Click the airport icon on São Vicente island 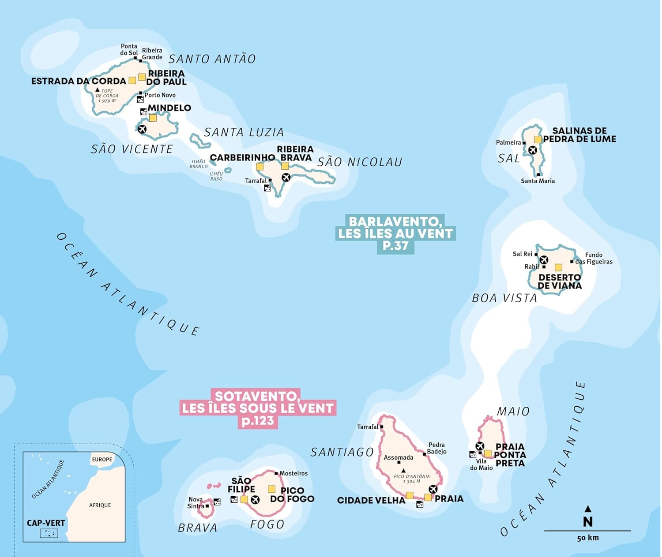click(142, 129)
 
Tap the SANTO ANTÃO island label click(212, 59)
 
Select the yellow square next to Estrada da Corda click(132, 80)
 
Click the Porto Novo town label click(160, 95)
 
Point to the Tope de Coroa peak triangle click(98, 90)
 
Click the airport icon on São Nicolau click(286, 177)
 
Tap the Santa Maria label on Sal click(538, 181)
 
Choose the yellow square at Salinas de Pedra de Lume click(538, 139)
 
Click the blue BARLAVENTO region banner click(395, 234)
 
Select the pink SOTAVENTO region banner click(258, 408)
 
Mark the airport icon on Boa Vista click(544, 260)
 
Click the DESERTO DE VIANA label click(560, 282)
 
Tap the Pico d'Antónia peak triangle click(403, 471)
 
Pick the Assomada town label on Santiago click(398, 457)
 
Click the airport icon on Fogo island click(255, 499)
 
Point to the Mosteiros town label click(293, 473)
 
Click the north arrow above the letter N click(587, 509)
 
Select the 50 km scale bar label click(587, 538)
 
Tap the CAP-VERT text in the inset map click(46, 523)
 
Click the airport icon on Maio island click(480, 446)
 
